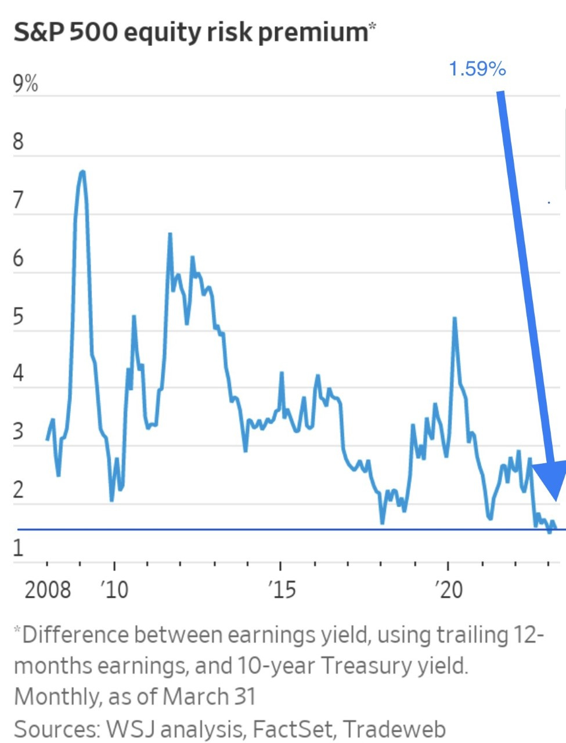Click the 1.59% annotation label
click(x=477, y=69)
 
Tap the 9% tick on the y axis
click(x=26, y=85)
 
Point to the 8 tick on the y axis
click(x=19, y=141)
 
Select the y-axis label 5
click(x=19, y=317)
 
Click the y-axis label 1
click(x=19, y=547)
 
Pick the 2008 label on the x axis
click(x=48, y=590)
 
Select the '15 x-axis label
click(x=281, y=590)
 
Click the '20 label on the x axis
click(x=448, y=590)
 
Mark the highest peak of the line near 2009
click(x=82, y=172)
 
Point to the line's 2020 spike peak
click(x=454, y=318)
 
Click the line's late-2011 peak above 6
click(x=170, y=234)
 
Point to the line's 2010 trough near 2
click(x=112, y=499)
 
